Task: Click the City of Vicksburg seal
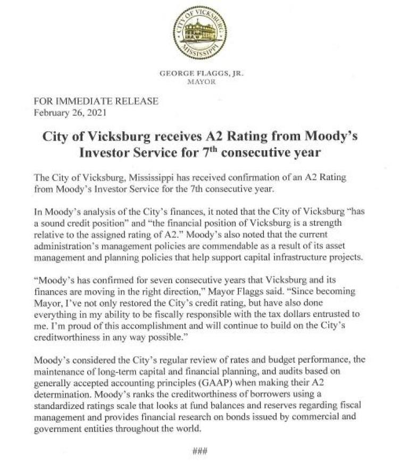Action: click(199, 33)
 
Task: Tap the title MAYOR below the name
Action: click(199, 82)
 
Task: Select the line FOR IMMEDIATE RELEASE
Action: click(96, 102)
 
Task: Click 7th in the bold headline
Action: click(204, 152)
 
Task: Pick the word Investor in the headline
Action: click(106, 153)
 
